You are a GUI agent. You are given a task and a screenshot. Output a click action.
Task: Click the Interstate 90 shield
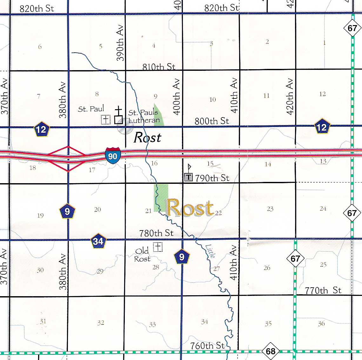(x=113, y=155)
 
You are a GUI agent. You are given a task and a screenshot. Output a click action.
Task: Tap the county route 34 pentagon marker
(x=98, y=241)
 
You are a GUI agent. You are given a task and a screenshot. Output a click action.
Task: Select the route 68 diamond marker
(x=271, y=351)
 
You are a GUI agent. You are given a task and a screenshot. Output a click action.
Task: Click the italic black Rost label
(x=147, y=138)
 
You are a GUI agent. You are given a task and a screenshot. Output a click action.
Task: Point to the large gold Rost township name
(x=190, y=208)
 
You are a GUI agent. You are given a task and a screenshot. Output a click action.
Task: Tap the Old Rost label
(x=142, y=255)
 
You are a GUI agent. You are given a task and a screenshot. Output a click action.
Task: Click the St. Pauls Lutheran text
(x=144, y=117)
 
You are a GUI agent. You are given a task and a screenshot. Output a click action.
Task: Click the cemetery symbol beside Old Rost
(x=158, y=247)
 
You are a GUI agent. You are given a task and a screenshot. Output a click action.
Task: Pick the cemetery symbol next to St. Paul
(x=105, y=119)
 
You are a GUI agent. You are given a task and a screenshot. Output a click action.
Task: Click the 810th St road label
(x=159, y=67)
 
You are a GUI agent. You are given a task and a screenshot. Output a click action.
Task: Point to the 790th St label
(x=212, y=178)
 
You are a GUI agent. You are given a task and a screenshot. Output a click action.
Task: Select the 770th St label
(x=323, y=290)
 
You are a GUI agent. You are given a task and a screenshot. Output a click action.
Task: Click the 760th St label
(x=207, y=345)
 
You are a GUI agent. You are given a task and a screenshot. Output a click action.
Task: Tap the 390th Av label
(x=120, y=43)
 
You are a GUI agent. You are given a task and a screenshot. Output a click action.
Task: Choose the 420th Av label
(x=290, y=97)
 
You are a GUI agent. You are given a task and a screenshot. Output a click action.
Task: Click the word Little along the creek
(x=210, y=251)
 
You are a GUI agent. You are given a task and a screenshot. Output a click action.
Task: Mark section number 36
(x=321, y=323)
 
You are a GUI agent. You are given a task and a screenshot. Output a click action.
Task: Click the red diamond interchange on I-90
(x=68, y=158)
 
